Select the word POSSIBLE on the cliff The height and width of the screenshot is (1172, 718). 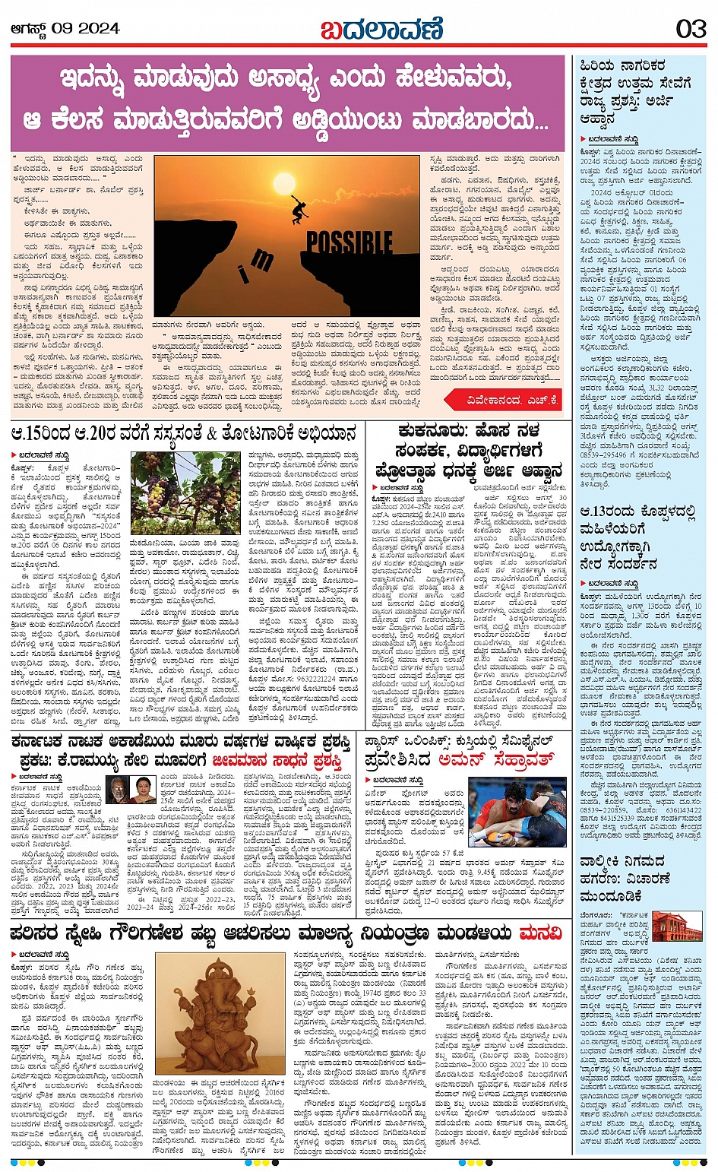[349, 243]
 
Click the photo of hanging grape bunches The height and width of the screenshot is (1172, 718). [185, 493]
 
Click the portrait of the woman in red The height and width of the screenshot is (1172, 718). [143, 790]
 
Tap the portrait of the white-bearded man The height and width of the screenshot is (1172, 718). [117, 790]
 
